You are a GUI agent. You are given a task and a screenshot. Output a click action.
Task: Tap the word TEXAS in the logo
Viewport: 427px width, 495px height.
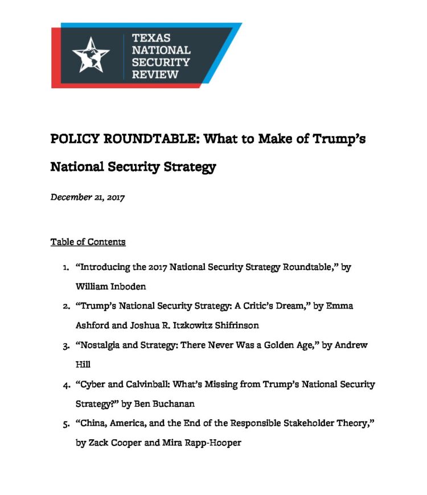150,38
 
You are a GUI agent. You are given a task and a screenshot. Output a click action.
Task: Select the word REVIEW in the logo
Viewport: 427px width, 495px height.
155,75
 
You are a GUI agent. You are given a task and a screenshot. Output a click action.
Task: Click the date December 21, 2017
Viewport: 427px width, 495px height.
88,197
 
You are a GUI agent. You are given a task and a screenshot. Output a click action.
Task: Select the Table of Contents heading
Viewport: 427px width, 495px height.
88,242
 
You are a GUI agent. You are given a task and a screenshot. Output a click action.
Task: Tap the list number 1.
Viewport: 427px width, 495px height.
65,267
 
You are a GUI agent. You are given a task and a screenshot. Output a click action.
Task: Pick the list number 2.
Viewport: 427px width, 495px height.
65,306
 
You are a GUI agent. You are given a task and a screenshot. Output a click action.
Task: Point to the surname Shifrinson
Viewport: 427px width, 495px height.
234,325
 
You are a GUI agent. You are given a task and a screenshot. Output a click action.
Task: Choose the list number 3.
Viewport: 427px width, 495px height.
65,345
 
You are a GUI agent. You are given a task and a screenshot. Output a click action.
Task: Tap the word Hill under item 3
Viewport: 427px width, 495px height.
83,365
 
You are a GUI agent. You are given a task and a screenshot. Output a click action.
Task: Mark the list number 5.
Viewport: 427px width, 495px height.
65,423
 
